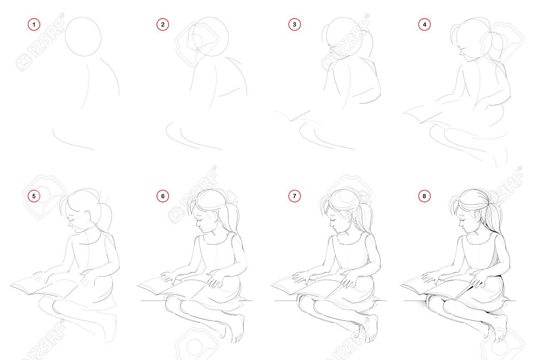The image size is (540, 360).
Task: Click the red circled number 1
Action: pos(34,25)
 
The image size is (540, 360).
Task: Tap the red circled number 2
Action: pos(163,25)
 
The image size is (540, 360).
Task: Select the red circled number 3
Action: pos(295,25)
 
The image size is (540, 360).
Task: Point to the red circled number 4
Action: pos(424,25)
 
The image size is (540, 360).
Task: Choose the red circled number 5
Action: pos(34,196)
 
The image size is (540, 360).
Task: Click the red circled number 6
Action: pos(163,196)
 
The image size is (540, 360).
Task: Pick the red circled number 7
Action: pos(295,196)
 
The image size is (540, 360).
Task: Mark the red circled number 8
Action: pos(424,196)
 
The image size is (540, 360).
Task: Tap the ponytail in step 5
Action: pos(106,217)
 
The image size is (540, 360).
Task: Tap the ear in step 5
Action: pos(88,216)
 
